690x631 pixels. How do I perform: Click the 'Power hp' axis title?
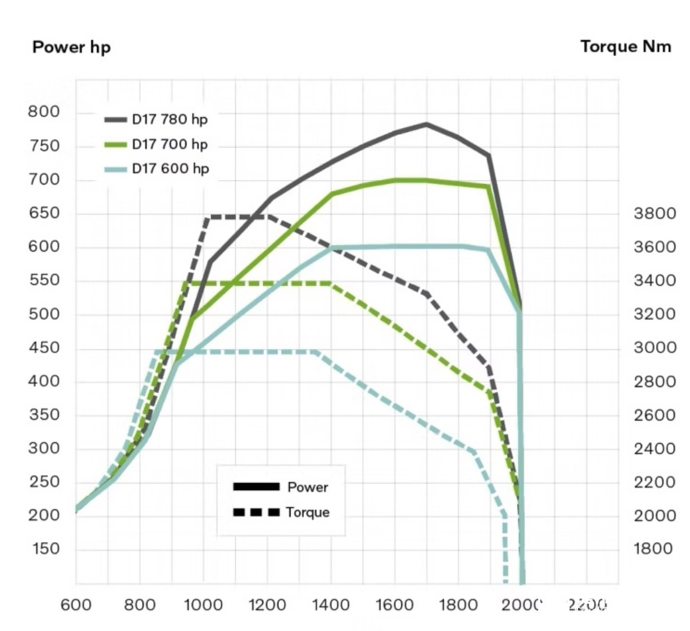[71, 47]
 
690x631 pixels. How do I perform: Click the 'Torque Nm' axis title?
[626, 47]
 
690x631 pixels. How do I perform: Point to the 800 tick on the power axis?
[44, 112]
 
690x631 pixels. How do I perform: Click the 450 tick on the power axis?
[44, 348]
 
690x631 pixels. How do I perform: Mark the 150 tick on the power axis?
[45, 549]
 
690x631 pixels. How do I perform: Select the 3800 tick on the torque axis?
[654, 214]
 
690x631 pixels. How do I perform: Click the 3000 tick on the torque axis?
[654, 348]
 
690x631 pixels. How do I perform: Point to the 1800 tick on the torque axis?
[653, 549]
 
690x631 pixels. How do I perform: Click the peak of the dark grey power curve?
[426, 124]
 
